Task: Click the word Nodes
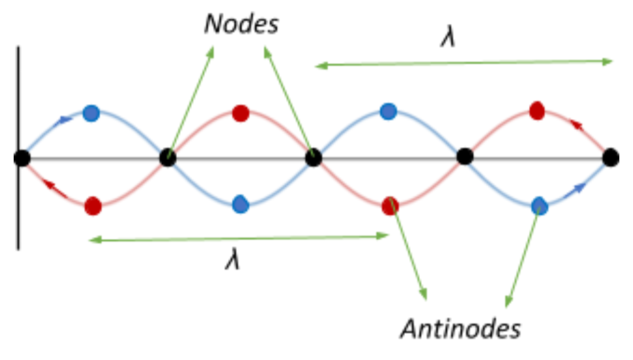click(242, 24)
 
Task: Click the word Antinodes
click(461, 329)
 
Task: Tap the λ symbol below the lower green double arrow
click(233, 261)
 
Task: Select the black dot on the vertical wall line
click(22, 157)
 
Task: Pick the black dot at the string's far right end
click(611, 157)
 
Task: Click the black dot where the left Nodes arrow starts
click(168, 157)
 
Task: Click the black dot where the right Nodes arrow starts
click(314, 157)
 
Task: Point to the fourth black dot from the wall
click(464, 157)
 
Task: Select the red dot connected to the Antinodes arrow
click(391, 204)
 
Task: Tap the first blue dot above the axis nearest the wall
click(91, 113)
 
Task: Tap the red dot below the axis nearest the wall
click(93, 206)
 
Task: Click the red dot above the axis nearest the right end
click(537, 110)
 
